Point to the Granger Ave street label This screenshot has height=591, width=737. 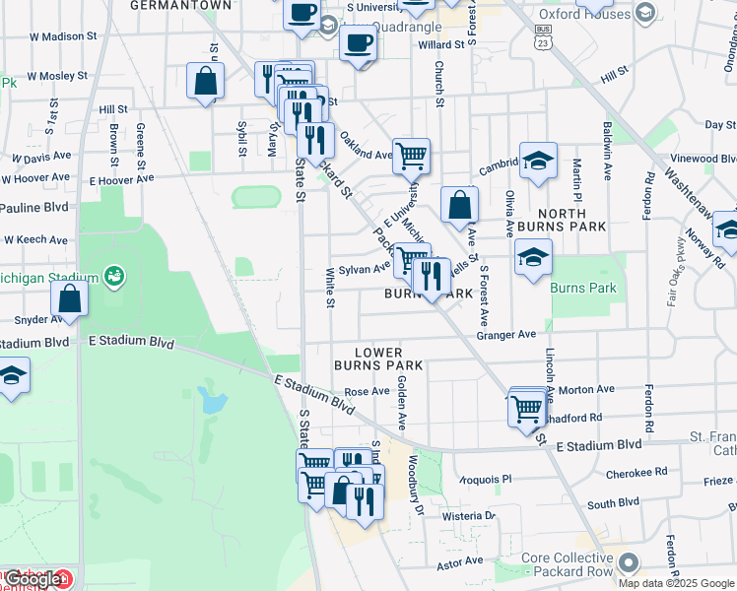505,335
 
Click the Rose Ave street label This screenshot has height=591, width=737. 367,391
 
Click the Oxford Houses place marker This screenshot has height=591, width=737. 646,13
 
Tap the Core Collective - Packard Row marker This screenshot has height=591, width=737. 627,563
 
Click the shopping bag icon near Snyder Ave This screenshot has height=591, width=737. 70,298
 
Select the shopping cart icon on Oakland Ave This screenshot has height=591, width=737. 411,155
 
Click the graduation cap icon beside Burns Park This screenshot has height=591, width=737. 533,258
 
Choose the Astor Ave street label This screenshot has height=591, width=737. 460,561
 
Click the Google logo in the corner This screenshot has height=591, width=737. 32,580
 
